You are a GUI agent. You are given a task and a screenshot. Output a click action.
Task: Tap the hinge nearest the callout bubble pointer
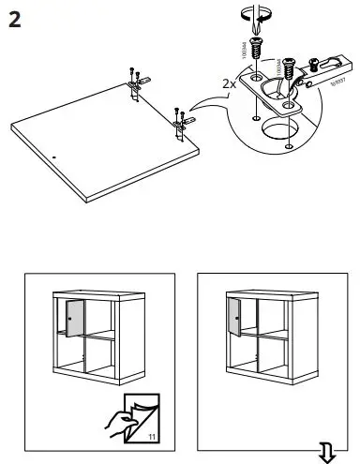click(180, 119)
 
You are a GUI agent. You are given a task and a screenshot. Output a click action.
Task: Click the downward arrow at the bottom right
click(328, 454)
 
